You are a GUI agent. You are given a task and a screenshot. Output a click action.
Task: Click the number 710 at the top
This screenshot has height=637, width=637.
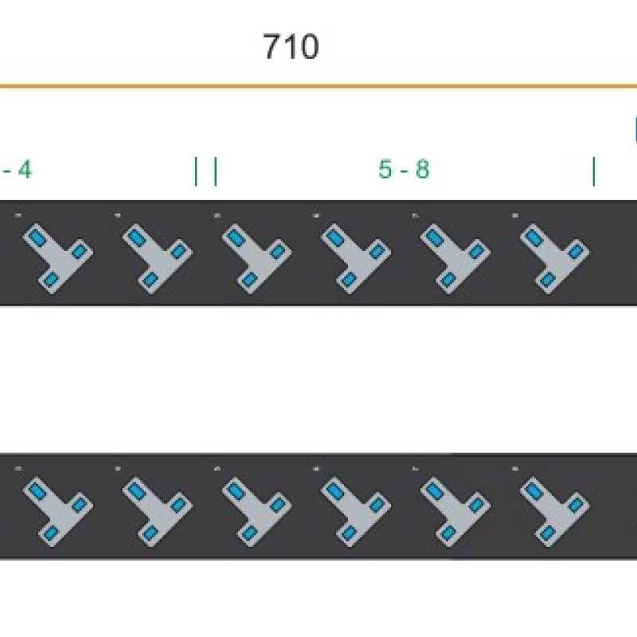point(291,48)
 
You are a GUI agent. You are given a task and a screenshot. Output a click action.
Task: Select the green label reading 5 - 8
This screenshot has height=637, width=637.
point(404,170)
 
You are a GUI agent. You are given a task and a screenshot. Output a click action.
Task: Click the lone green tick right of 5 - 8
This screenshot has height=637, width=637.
point(593,171)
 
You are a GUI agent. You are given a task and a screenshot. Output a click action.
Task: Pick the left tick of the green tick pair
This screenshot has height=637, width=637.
point(196,171)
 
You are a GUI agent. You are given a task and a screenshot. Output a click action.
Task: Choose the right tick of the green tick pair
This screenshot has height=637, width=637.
point(215,171)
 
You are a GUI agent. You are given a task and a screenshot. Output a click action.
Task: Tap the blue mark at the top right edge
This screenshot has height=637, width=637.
point(635,129)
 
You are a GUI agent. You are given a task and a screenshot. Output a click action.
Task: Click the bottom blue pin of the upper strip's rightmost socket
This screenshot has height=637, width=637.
point(549,279)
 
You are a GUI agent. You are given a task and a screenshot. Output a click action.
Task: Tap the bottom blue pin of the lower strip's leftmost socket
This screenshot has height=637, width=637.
point(51,533)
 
